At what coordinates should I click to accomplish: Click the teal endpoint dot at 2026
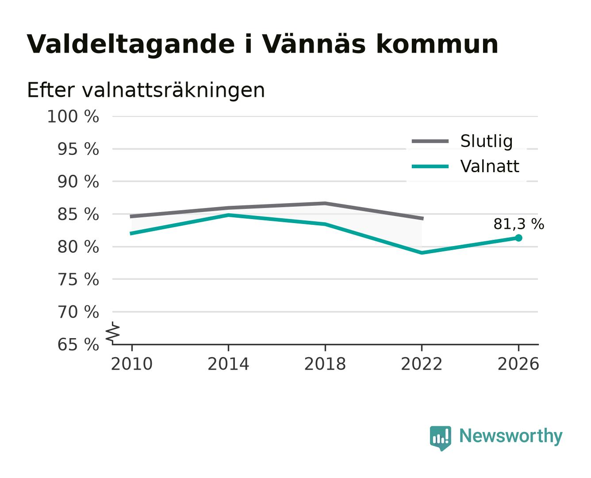click(518, 238)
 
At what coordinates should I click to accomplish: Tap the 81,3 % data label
click(518, 224)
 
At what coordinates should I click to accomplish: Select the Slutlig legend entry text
click(487, 141)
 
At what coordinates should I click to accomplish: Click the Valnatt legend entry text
click(490, 166)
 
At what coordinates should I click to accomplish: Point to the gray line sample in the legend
click(430, 141)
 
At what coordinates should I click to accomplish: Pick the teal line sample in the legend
click(430, 166)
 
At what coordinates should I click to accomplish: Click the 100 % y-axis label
click(73, 116)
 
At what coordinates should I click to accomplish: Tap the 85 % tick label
click(78, 214)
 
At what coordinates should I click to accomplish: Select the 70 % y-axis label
click(78, 312)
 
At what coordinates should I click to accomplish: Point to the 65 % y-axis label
click(78, 345)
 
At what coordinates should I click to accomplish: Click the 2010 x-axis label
click(132, 364)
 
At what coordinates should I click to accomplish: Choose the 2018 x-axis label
click(325, 364)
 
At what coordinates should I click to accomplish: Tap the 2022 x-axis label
click(422, 364)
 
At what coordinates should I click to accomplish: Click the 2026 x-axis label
click(518, 364)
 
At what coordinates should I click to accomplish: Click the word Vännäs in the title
click(314, 44)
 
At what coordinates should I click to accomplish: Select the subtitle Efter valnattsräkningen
click(146, 90)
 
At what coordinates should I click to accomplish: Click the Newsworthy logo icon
click(440, 438)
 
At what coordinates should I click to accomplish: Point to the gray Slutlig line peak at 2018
click(325, 204)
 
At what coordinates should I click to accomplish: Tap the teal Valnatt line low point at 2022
click(422, 253)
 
